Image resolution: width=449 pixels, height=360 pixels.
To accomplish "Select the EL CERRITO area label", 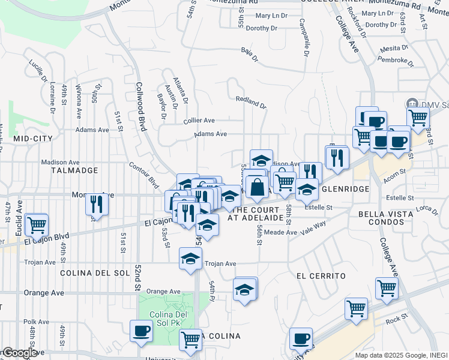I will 321,275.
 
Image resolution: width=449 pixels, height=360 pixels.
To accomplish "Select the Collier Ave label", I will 199,121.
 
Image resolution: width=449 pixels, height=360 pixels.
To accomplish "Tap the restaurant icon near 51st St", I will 96,204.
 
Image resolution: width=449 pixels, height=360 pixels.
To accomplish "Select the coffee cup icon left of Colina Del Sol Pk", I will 142,331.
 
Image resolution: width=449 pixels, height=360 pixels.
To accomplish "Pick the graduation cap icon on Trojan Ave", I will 190,259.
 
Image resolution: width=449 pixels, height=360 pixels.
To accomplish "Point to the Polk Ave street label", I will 37,322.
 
